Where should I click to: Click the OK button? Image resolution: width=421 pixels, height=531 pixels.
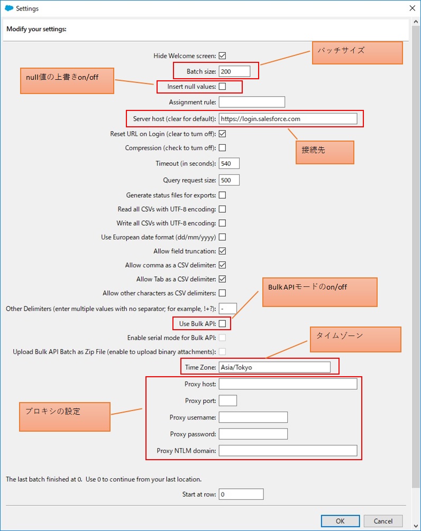tap(340, 521)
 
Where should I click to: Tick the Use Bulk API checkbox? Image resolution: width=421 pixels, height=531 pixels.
tap(222, 323)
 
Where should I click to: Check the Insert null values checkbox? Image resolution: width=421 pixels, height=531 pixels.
tap(222, 86)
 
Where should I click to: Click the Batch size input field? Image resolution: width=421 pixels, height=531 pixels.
tap(234, 71)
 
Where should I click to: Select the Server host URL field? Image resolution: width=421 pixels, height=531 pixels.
tap(288, 119)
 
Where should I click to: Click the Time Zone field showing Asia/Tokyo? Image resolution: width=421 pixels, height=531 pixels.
tap(274, 367)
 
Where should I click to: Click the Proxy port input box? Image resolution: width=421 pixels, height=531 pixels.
tap(227, 400)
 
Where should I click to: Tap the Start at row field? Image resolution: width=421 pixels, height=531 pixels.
tap(241, 495)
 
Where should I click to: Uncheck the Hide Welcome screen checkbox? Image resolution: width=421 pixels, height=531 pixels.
tap(222, 55)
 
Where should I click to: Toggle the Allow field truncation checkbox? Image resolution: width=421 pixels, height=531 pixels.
tap(222, 251)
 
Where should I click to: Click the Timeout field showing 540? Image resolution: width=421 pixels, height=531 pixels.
tap(229, 164)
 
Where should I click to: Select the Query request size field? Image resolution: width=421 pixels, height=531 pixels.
tap(229, 180)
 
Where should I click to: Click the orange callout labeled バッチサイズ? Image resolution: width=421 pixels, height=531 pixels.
tap(357, 53)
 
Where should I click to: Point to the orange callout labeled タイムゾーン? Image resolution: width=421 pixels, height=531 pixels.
tap(355, 339)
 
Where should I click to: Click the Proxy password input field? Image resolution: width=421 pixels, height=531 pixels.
tap(253, 434)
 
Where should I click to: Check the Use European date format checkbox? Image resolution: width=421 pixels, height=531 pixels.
tap(222, 237)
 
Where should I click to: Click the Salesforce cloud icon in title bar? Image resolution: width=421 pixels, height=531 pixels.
tap(8, 8)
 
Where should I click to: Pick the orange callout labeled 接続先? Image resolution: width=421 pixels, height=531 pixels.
tap(324, 152)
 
